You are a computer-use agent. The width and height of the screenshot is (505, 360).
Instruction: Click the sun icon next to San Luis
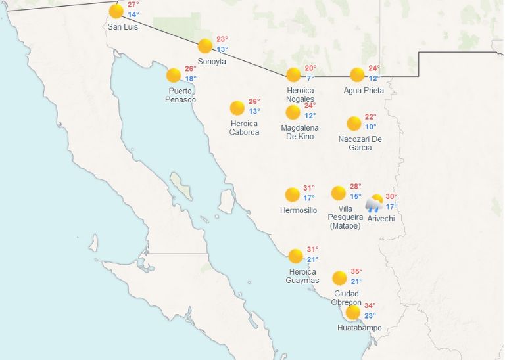click(x=116, y=11)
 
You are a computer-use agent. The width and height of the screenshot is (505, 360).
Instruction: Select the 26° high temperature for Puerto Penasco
click(x=191, y=69)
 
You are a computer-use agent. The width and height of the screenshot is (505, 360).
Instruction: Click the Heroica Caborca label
click(x=244, y=127)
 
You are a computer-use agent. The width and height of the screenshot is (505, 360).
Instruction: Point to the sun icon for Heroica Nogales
click(x=293, y=75)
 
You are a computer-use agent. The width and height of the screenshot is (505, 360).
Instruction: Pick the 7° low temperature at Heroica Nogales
click(x=310, y=78)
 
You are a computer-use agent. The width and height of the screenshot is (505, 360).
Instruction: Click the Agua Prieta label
click(x=364, y=90)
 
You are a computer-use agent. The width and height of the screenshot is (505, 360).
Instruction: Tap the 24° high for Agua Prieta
click(x=374, y=68)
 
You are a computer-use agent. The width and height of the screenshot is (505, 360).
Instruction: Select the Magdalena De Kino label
click(x=300, y=132)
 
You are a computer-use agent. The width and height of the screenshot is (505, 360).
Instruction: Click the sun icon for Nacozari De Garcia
click(x=354, y=123)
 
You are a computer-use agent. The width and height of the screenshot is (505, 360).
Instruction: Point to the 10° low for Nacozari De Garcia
click(x=371, y=127)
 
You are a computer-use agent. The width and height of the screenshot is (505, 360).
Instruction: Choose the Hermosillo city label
click(x=299, y=210)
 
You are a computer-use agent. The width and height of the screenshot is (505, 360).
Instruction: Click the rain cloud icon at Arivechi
click(x=375, y=204)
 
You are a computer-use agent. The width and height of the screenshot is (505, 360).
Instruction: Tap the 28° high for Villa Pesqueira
click(x=356, y=187)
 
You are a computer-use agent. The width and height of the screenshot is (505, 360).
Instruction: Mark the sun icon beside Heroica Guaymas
click(x=295, y=256)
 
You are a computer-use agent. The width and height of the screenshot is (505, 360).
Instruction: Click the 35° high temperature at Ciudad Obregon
click(x=356, y=271)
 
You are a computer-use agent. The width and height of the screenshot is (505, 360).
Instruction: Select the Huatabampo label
click(x=359, y=328)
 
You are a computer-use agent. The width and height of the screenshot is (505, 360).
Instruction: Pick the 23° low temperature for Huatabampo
click(x=371, y=315)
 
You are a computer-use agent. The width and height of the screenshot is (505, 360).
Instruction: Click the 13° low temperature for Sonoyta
click(x=223, y=49)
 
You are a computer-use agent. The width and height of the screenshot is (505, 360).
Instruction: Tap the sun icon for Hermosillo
click(x=292, y=194)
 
